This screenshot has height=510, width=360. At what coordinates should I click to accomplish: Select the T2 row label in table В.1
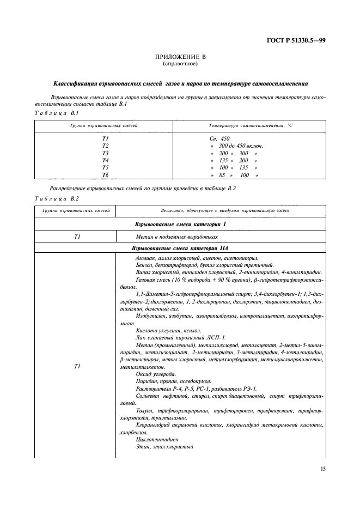point(105,146)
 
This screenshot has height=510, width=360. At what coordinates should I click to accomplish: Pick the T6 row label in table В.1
point(105,175)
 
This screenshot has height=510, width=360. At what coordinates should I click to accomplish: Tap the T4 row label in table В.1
point(105,161)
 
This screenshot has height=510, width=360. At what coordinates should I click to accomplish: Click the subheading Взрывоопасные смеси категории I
point(180,224)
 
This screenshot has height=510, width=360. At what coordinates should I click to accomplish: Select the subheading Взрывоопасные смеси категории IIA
point(180,248)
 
